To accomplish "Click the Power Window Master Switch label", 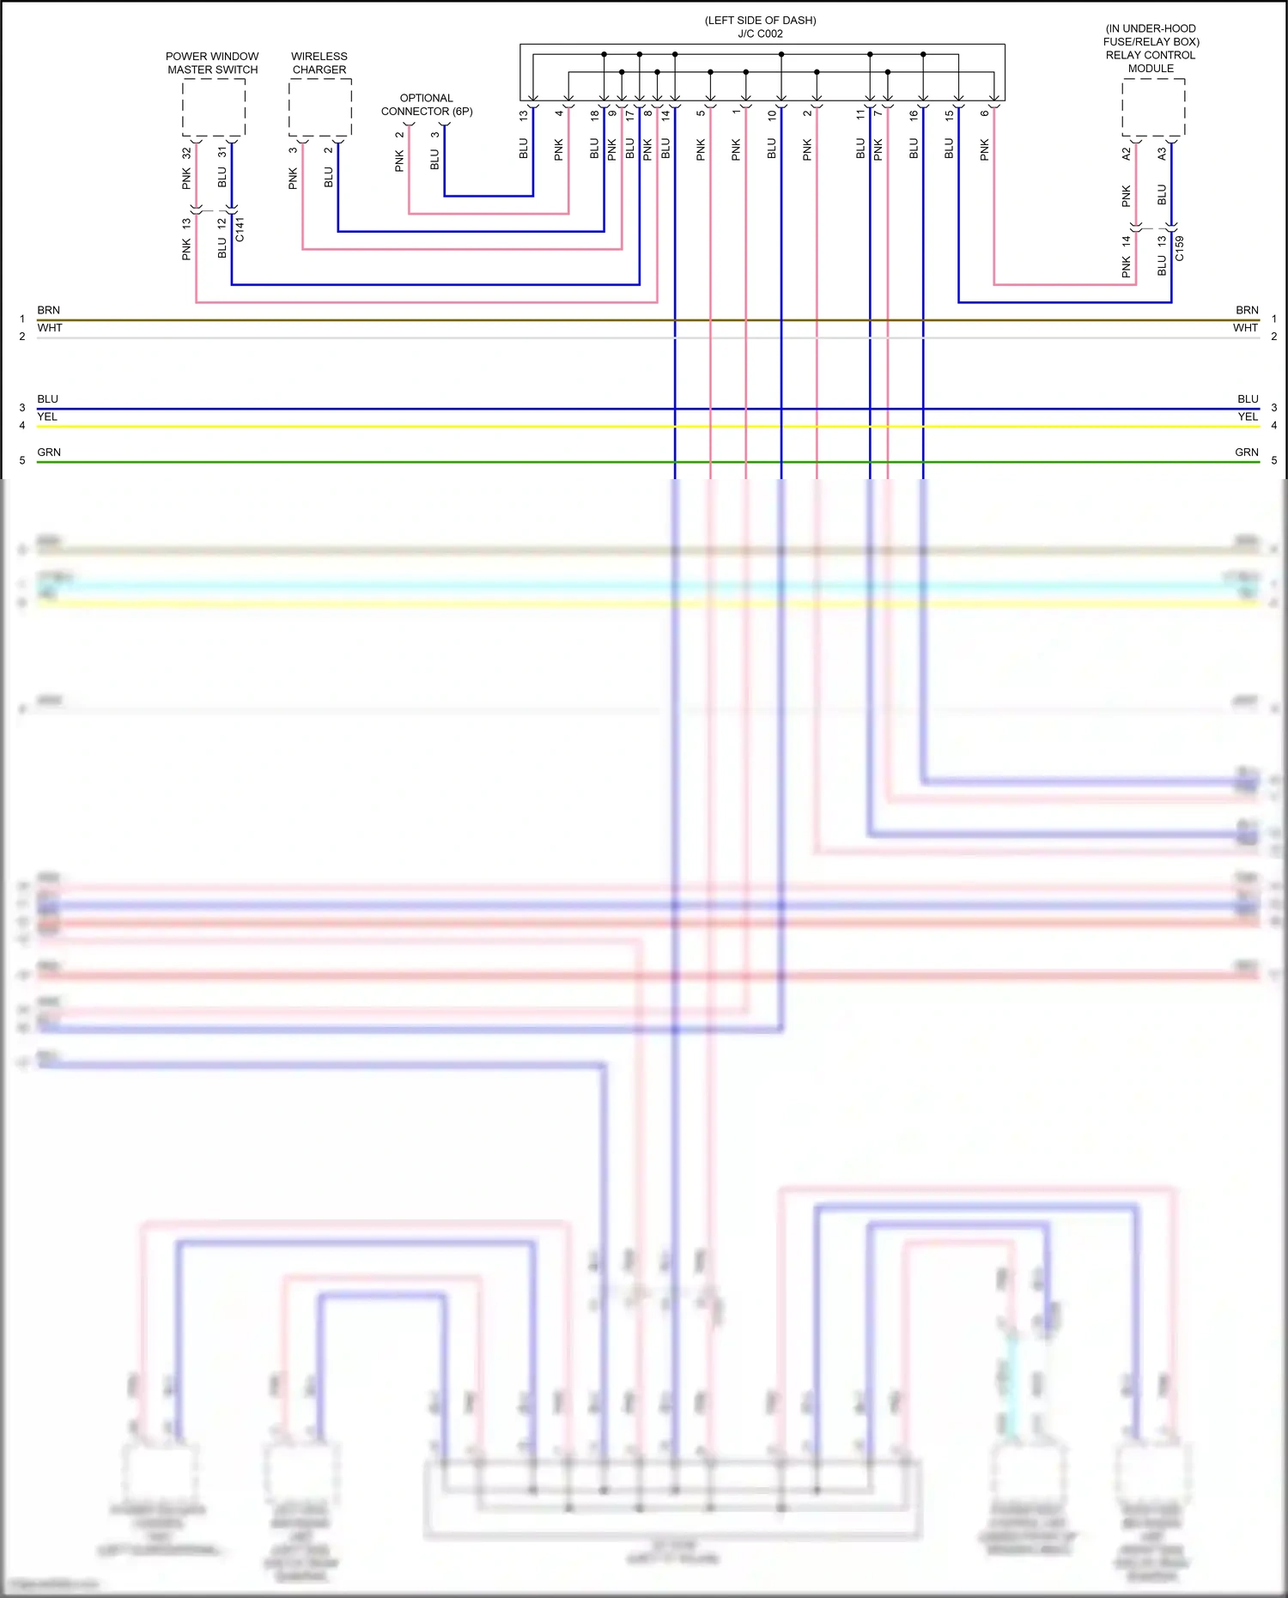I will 212,63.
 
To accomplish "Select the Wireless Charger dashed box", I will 319,107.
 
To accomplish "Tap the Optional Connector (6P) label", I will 427,105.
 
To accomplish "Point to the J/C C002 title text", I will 760,33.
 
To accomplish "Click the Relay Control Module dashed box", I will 1153,107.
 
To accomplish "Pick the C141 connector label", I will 240,229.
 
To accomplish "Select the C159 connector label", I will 1179,248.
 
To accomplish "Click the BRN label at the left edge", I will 48,310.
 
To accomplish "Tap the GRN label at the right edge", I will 1246,452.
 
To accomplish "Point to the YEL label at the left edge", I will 47,416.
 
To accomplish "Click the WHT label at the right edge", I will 1245,328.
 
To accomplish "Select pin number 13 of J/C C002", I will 523,114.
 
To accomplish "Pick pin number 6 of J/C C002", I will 984,113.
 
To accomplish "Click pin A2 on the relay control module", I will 1126,154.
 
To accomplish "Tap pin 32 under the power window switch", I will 186,153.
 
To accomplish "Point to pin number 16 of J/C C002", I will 913,114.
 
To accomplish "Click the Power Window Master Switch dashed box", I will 213,107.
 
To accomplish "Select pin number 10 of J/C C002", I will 771,114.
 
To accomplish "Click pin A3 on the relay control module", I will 1161,154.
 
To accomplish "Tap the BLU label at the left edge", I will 47,399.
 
